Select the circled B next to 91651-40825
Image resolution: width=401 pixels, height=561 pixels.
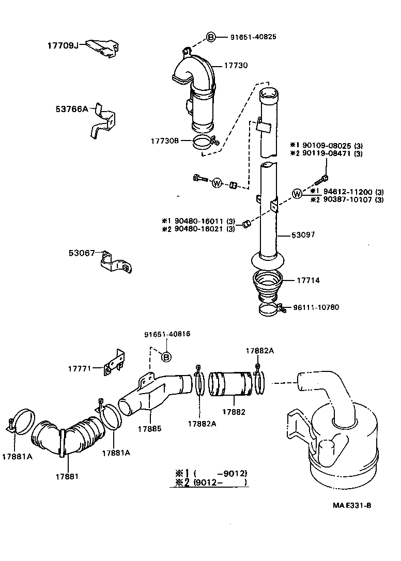(211, 37)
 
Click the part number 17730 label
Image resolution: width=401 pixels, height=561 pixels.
(236, 66)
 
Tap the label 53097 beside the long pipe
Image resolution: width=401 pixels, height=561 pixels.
(303, 235)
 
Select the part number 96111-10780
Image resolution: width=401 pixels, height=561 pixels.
(316, 307)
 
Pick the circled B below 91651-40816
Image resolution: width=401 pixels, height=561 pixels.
(166, 356)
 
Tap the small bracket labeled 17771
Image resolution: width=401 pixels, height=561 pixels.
(114, 365)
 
